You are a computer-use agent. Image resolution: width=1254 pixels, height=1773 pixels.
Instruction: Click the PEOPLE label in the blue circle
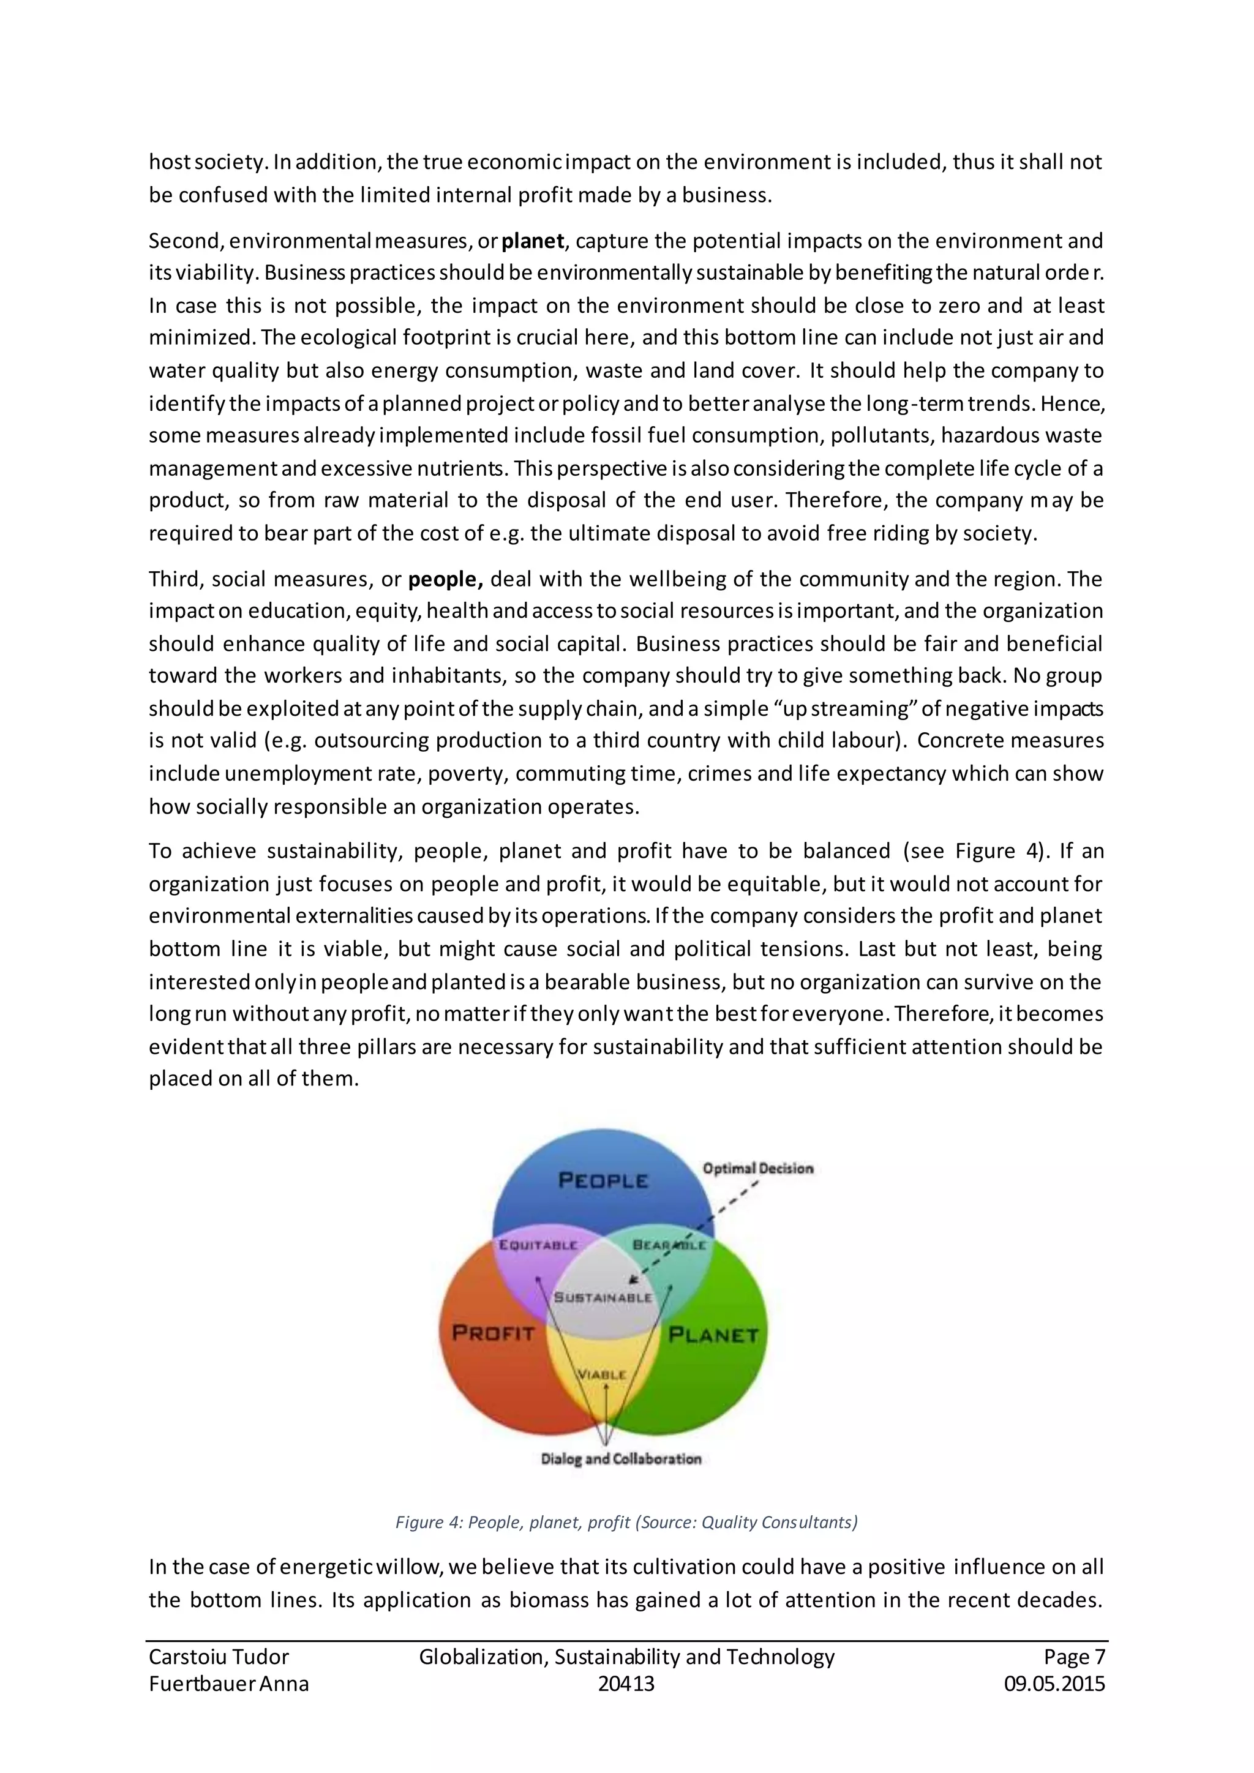(x=603, y=1180)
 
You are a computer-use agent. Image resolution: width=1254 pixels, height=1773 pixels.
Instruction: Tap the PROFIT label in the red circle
(x=493, y=1332)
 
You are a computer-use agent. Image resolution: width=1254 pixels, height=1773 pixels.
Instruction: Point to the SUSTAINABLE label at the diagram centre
(x=603, y=1297)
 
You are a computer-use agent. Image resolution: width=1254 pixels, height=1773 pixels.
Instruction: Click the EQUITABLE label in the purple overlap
(x=538, y=1245)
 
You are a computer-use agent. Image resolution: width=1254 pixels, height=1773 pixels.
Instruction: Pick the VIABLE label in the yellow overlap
(x=603, y=1374)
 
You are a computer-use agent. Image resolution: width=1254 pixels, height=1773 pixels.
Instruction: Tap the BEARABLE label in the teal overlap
(x=669, y=1245)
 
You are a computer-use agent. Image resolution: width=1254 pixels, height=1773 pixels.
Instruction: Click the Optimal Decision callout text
(x=757, y=1168)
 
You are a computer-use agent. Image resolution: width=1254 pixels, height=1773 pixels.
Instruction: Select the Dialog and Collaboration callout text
(x=621, y=1459)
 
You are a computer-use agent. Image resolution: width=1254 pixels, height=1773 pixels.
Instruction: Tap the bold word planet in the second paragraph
(x=533, y=241)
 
